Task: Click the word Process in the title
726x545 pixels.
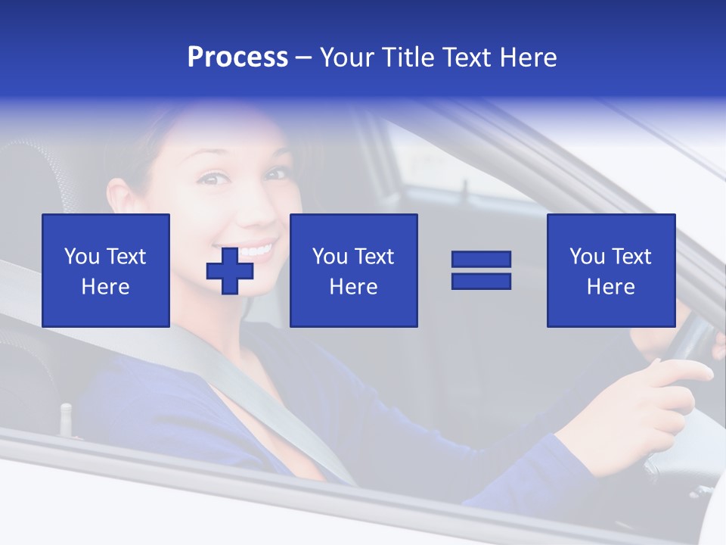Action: [237, 58]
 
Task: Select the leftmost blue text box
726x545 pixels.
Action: [106, 270]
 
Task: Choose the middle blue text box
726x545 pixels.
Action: [353, 270]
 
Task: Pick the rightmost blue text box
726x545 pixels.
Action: [610, 270]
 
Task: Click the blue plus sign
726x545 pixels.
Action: [230, 270]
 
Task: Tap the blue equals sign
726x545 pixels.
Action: [481, 270]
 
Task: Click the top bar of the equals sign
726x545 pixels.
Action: [481, 260]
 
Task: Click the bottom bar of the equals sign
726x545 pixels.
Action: [481, 281]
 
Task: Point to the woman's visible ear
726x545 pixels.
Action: [119, 198]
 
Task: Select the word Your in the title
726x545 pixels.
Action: [347, 58]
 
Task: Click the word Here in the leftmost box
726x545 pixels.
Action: [106, 287]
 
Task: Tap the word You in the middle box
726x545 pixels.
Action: [330, 257]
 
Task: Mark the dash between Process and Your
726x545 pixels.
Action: [304, 58]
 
